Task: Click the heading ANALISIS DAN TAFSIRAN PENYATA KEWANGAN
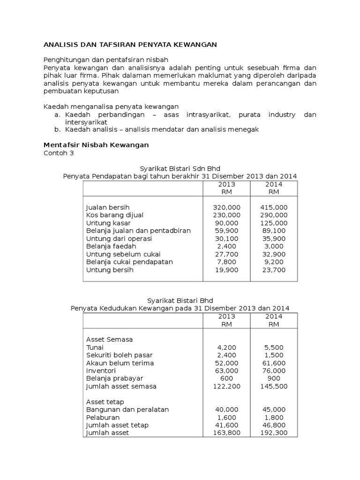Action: tap(130, 45)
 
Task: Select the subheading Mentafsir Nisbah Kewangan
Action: tap(96, 145)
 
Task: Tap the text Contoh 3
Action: tap(59, 153)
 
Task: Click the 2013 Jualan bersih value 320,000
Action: tap(226, 207)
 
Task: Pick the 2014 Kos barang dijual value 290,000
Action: tap(274, 215)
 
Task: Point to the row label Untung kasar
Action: tap(108, 223)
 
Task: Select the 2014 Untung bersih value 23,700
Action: tap(274, 270)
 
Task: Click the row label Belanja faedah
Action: tap(111, 247)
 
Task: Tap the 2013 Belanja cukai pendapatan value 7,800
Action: tap(226, 262)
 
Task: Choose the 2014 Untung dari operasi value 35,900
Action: tap(274, 239)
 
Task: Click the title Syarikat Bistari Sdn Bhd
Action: tap(180, 168)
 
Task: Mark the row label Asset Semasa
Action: tap(109, 339)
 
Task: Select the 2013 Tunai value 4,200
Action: tap(226, 347)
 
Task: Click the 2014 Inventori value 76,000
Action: tap(274, 371)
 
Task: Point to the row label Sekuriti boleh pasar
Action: tap(119, 355)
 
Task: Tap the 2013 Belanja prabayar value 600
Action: tap(226, 378)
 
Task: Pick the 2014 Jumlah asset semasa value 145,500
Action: tap(274, 386)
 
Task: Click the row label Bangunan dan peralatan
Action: tap(127, 409)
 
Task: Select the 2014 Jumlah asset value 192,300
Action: tap(274, 433)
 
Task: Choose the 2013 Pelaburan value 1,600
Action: tap(226, 417)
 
